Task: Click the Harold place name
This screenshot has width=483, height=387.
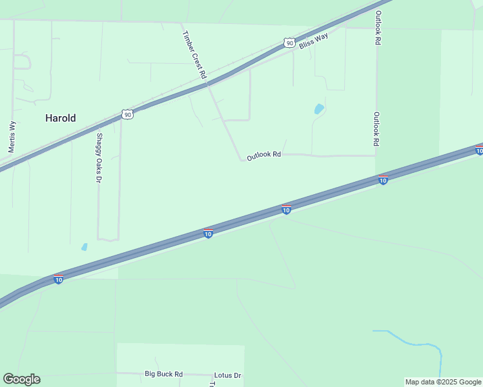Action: [60, 118]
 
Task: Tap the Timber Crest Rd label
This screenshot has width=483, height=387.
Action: [194, 55]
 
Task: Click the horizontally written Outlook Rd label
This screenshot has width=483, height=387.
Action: [263, 155]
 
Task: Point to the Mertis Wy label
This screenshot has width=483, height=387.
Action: [12, 137]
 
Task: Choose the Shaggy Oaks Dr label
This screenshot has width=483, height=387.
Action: [99, 157]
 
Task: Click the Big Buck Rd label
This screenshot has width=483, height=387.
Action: [163, 374]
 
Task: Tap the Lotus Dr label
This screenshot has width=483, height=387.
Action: [227, 375]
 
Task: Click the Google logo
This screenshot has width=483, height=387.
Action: [21, 379]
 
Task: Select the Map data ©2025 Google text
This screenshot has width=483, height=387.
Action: [443, 382]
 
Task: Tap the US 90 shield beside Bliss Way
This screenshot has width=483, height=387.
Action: [289, 43]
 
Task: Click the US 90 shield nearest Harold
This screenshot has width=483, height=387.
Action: [127, 115]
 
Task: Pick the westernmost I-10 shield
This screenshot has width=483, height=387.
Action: [59, 279]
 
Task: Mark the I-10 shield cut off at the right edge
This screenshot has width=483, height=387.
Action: [479, 150]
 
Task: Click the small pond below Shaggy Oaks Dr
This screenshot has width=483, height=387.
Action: [84, 246]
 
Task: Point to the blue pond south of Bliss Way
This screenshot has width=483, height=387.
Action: [319, 109]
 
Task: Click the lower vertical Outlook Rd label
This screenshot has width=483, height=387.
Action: [376, 128]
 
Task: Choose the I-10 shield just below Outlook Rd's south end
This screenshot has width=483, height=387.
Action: [383, 180]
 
